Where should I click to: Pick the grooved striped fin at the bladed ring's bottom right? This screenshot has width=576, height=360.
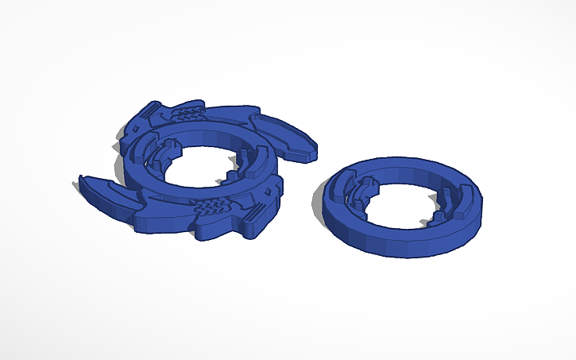coord(254,213)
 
